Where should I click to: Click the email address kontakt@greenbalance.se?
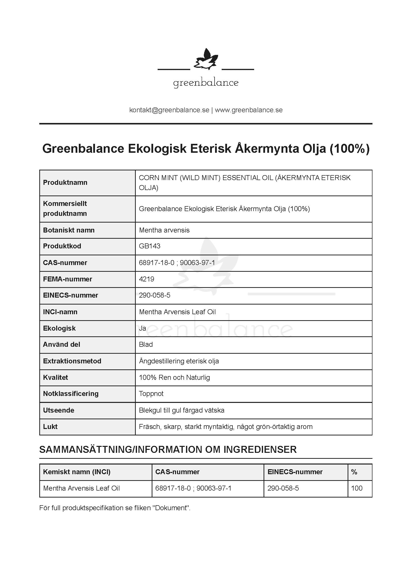tap(169, 110)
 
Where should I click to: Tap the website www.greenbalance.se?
tap(249, 110)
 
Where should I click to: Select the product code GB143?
tap(149, 246)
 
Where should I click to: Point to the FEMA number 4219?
tap(146, 279)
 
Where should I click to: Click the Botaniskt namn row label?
tap(69, 230)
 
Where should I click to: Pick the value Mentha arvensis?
tap(164, 230)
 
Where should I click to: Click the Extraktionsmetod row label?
tap(72, 361)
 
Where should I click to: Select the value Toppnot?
tap(151, 394)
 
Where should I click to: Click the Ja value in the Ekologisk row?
tap(142, 328)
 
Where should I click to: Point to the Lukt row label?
tap(50, 427)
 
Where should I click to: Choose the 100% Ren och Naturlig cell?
tap(174, 378)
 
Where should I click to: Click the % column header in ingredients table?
tap(354, 472)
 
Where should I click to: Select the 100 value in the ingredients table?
tap(357, 488)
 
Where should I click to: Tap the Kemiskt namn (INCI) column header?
tap(77, 472)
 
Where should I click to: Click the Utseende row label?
tap(58, 410)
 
